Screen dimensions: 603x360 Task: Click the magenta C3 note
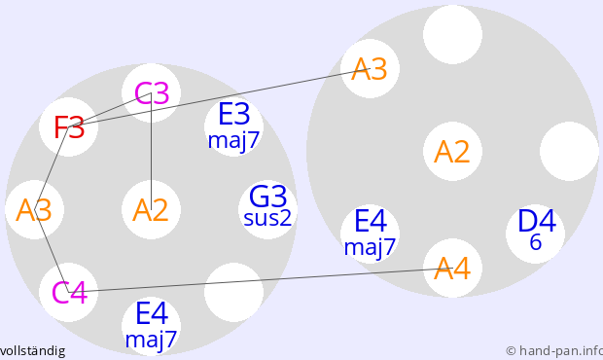[x=151, y=93]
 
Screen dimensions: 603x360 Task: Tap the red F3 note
[x=68, y=126]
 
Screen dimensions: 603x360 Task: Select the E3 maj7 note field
[x=233, y=126]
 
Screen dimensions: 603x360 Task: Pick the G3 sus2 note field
[x=267, y=209]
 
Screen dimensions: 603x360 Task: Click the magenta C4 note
[x=68, y=292]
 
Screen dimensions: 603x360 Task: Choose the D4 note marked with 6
[x=535, y=234]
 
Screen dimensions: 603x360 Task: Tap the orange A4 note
[x=452, y=269]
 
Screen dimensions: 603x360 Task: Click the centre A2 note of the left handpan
[x=151, y=209]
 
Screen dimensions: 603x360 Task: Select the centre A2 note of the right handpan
[x=452, y=151]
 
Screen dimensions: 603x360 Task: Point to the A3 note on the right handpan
[x=370, y=68]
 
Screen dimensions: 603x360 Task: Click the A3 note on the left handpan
[x=35, y=209]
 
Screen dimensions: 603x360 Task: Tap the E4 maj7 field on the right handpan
[x=370, y=234]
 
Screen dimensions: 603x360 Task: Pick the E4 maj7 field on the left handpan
[x=151, y=326]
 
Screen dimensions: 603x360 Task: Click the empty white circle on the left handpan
[x=233, y=292]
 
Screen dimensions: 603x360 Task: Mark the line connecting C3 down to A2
[x=151, y=151]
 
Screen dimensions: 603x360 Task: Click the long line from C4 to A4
[x=261, y=280]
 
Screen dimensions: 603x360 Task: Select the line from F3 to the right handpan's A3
[x=219, y=97]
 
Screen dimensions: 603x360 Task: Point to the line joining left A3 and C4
[x=52, y=251]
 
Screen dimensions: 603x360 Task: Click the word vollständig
[x=33, y=351]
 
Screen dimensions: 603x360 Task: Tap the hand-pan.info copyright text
[x=554, y=351]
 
